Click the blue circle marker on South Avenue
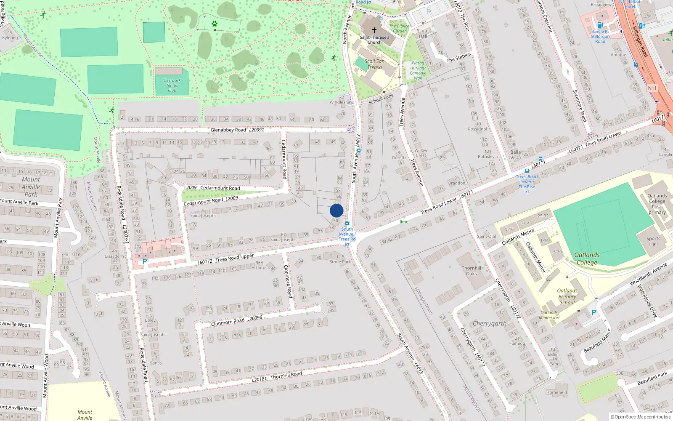(336, 210)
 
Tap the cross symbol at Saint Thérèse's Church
(374, 30)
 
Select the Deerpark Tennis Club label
(172, 85)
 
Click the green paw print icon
(215, 24)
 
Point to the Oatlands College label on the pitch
(587, 258)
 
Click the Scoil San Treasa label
(374, 64)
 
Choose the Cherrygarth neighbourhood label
(489, 323)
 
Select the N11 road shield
(652, 88)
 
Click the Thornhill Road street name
(286, 375)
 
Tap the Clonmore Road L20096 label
(236, 321)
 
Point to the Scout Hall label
(423, 33)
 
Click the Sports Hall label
(653, 241)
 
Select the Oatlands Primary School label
(567, 296)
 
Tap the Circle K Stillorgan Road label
(600, 36)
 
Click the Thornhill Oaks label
(471, 271)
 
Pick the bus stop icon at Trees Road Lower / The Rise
(527, 171)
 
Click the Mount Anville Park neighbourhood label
(31, 187)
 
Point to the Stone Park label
(340, 261)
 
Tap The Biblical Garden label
(400, 28)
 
